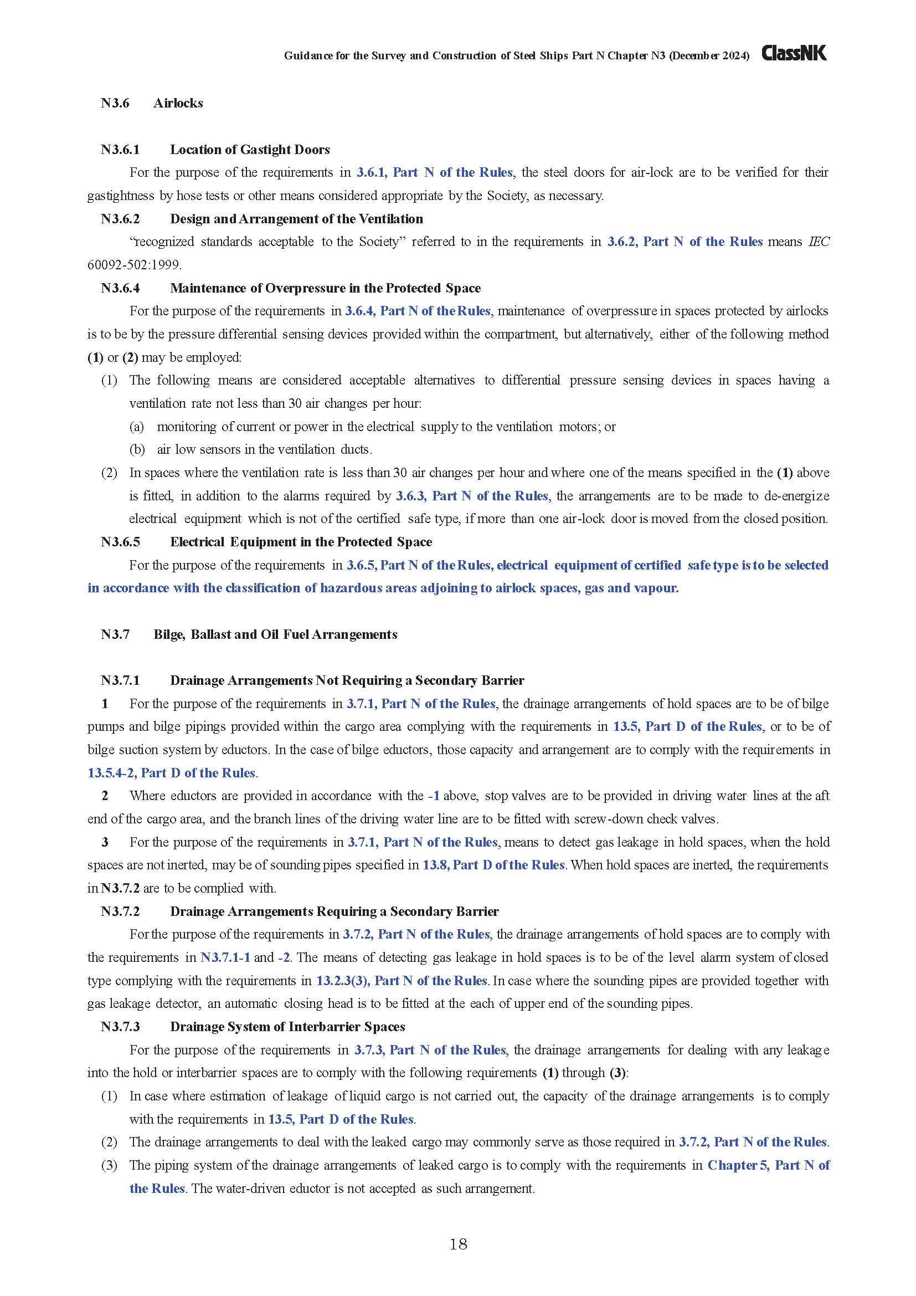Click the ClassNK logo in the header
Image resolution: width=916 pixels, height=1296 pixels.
click(x=794, y=53)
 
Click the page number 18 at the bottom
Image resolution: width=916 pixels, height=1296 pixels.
click(x=458, y=1243)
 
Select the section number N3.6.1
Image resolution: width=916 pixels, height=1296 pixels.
click(x=120, y=150)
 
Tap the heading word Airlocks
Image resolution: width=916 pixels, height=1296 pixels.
click(x=178, y=103)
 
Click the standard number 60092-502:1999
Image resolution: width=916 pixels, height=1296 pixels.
click(x=133, y=265)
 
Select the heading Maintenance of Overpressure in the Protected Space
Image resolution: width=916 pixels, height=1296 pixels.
click(x=325, y=288)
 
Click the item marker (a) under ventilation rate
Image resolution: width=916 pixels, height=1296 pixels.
click(x=136, y=427)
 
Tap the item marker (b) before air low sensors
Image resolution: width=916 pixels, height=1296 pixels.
click(x=136, y=449)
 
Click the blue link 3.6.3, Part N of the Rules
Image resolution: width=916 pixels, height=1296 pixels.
click(x=471, y=495)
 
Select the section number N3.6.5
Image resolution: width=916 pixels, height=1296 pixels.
click(x=120, y=542)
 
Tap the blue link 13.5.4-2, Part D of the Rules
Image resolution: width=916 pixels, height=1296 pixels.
click(x=172, y=773)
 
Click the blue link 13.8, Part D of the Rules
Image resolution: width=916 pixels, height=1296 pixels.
click(x=493, y=865)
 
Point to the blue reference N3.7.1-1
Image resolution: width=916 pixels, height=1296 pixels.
click(x=225, y=957)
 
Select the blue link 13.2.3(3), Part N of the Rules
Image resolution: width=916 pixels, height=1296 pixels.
click(x=401, y=981)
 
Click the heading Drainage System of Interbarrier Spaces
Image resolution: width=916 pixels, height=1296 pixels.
click(x=287, y=1027)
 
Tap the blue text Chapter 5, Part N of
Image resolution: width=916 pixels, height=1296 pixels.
click(x=768, y=1165)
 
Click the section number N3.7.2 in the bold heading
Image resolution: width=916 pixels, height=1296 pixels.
click(x=120, y=911)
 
